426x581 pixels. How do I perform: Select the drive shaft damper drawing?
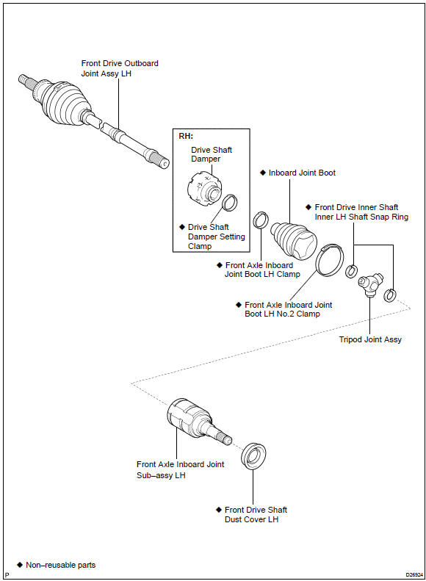[x=205, y=187]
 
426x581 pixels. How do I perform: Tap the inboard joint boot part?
[x=294, y=240]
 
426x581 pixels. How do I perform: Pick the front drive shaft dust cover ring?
[x=253, y=455]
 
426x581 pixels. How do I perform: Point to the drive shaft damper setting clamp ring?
[x=230, y=203]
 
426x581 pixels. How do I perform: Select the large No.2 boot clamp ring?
[x=330, y=260]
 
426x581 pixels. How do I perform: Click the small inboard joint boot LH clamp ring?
[x=261, y=221]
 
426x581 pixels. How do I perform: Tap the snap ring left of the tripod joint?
[x=351, y=271]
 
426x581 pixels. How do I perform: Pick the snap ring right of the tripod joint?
[x=390, y=295]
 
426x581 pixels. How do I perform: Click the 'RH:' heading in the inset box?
[x=186, y=136]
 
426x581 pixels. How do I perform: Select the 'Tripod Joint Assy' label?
[x=370, y=339]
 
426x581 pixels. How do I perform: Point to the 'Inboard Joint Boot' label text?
[x=302, y=173]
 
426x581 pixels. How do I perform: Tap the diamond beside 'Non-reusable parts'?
[x=20, y=565]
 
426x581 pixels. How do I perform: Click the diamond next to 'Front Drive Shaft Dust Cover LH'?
[x=219, y=510]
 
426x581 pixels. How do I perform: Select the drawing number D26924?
[x=414, y=574]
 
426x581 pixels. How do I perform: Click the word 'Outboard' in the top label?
[x=141, y=63]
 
